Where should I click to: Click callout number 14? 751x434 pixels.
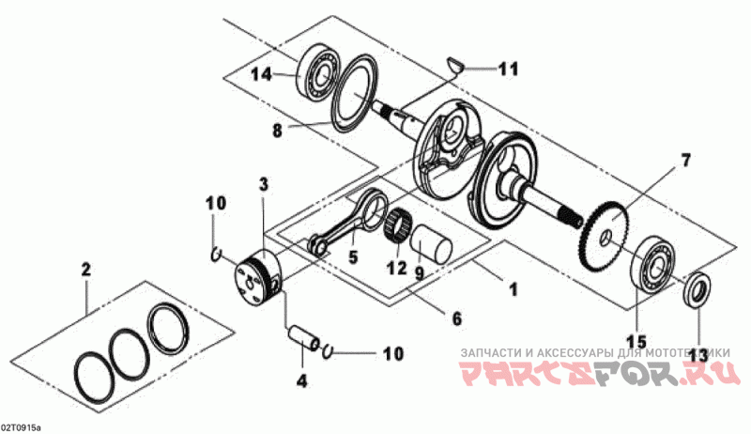point(262,74)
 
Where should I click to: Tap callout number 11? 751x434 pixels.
point(508,69)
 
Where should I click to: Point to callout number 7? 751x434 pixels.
point(685,160)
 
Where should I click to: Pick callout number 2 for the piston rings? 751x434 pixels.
point(85,271)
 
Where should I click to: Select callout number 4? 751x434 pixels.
point(301,381)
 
